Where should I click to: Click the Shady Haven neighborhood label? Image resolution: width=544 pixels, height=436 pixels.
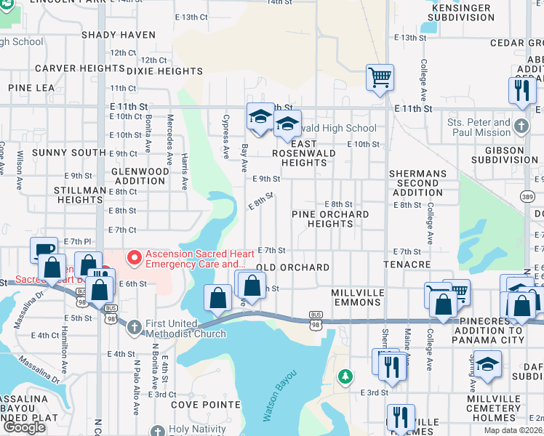tap(119, 35)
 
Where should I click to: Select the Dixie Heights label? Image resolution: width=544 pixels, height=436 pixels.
tap(164, 71)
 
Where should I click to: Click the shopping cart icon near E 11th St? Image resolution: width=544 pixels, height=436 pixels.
tap(380, 77)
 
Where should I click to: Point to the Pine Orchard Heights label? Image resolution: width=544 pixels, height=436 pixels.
tap(330, 219)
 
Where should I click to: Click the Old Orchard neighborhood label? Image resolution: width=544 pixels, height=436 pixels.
tap(293, 267)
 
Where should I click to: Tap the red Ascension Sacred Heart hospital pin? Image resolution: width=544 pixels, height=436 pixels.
tap(134, 257)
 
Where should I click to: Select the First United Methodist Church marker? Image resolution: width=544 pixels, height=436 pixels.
tap(134, 327)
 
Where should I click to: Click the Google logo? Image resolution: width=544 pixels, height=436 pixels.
tap(24, 427)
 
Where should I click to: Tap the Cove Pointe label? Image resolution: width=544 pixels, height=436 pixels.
tap(206, 404)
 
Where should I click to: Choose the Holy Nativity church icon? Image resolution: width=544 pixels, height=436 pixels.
tap(157, 429)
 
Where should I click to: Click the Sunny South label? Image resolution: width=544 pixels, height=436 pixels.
tap(69, 153)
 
